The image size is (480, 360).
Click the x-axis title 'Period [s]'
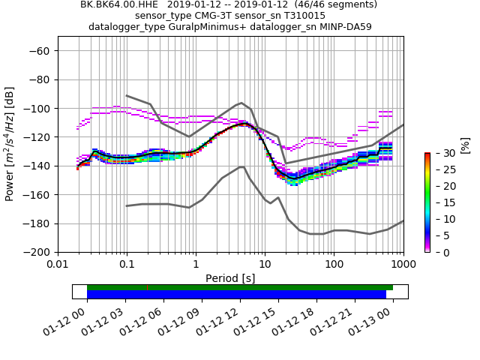coord(230,278)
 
